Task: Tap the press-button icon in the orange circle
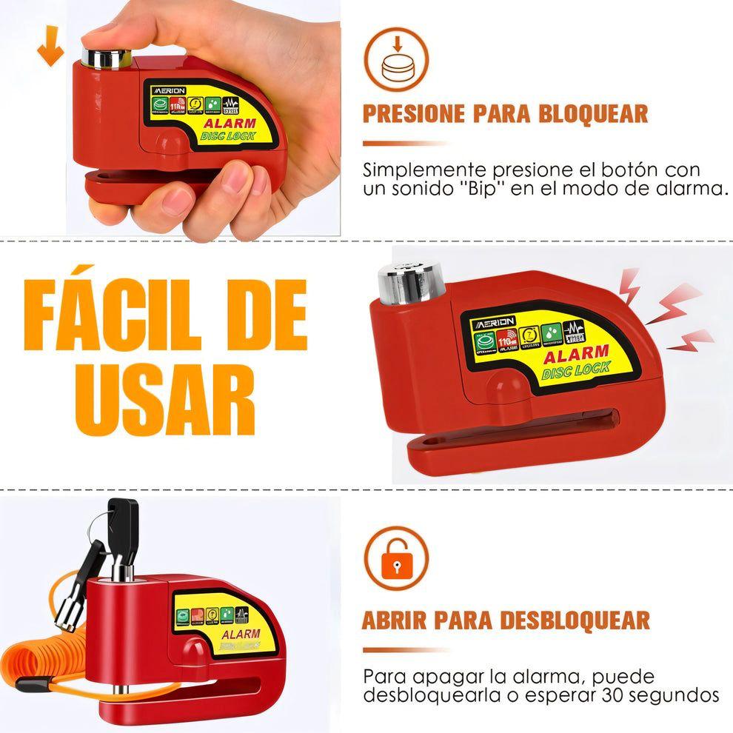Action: pos(396,60)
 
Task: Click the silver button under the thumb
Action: pos(106,57)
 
